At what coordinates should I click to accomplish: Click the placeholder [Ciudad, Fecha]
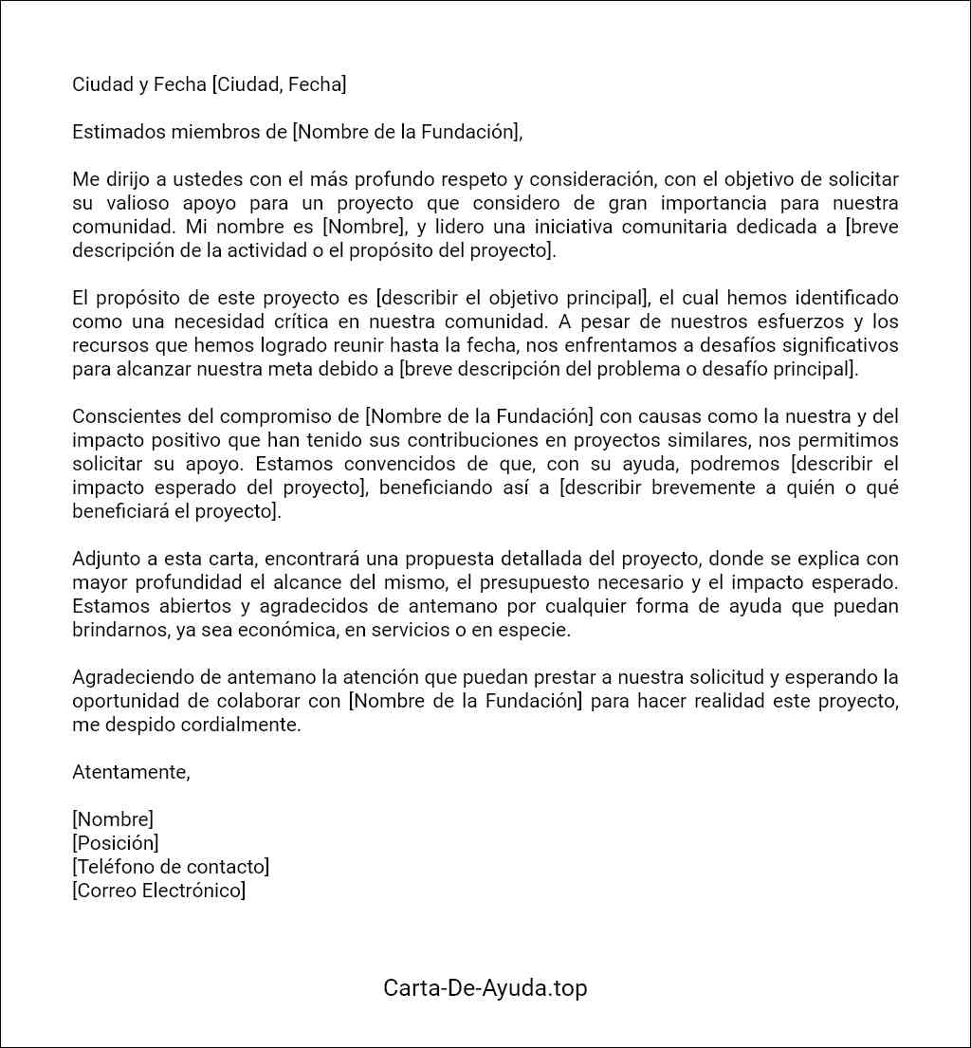[279, 84]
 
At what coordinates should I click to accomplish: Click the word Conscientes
[121, 416]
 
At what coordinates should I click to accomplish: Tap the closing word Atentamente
[131, 772]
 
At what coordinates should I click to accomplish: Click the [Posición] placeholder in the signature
[115, 842]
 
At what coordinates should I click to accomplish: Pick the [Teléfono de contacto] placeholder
[171, 866]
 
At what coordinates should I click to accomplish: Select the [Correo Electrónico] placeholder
[158, 890]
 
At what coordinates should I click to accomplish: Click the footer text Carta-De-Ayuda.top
[485, 987]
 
